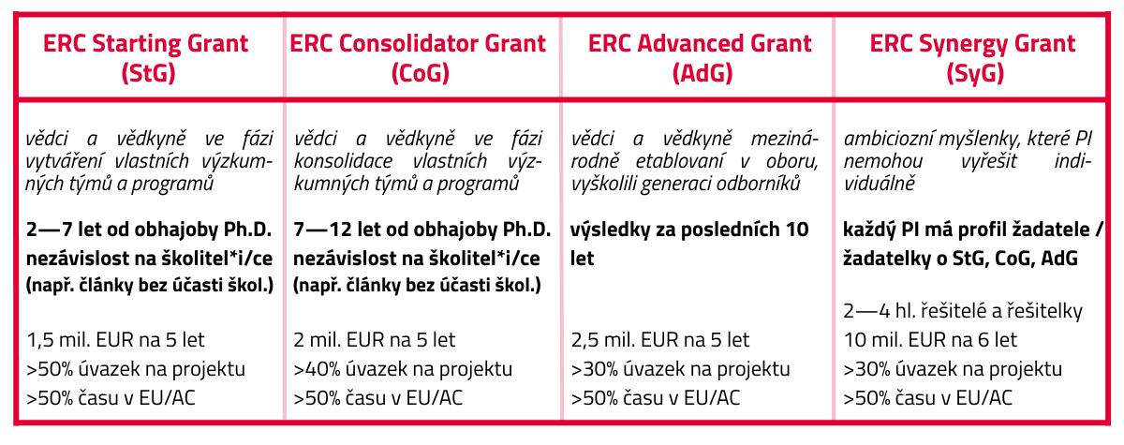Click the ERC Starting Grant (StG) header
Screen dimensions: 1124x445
coord(145,58)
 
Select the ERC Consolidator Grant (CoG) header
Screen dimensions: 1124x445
coord(418,58)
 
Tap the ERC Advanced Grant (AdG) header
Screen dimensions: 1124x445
coord(700,58)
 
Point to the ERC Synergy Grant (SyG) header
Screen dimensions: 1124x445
coord(972,58)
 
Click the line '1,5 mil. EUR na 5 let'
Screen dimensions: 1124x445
coord(115,340)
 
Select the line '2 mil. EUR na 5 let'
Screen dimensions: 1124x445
coord(375,340)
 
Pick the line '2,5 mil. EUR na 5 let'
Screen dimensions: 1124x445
coord(659,340)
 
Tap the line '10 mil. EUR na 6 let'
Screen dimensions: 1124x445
coord(930,340)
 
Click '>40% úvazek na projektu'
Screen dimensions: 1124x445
coord(403,369)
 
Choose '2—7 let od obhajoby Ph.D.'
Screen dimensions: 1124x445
coord(149,230)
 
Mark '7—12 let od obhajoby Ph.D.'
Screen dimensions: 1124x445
coord(422,230)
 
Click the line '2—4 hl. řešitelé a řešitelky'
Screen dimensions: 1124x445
coord(963,312)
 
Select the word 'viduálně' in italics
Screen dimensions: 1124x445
coord(880,184)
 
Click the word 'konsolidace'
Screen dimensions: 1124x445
coord(343,161)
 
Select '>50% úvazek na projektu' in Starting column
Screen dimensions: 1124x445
coord(136,369)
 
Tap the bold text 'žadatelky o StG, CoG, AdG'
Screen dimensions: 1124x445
coord(960,259)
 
